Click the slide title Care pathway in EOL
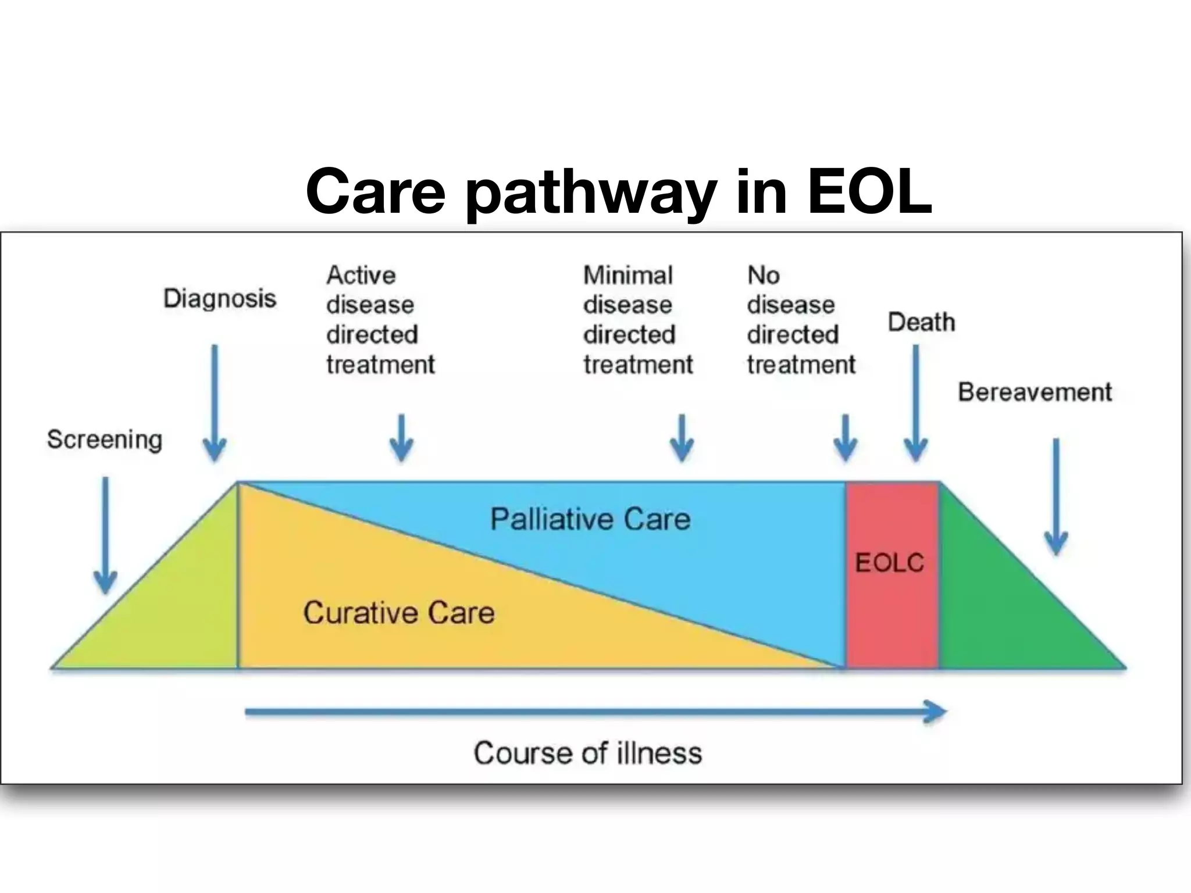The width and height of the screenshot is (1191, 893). [619, 191]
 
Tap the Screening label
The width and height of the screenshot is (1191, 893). [105, 440]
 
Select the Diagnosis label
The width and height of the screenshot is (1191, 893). [220, 299]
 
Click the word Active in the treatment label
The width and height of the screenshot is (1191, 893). [361, 275]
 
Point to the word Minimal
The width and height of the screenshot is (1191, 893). [628, 275]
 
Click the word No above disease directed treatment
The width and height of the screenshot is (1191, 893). [764, 275]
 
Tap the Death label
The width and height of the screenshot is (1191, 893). [921, 322]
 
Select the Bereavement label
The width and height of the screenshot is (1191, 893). [1035, 392]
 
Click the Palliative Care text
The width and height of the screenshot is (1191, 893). [590, 519]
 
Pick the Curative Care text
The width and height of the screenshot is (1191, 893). [399, 612]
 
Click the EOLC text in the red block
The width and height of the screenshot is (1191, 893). [889, 562]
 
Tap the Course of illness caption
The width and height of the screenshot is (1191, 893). [588, 753]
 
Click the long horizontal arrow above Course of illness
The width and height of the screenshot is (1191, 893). [593, 712]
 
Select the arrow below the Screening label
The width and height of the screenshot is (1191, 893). [106, 535]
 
